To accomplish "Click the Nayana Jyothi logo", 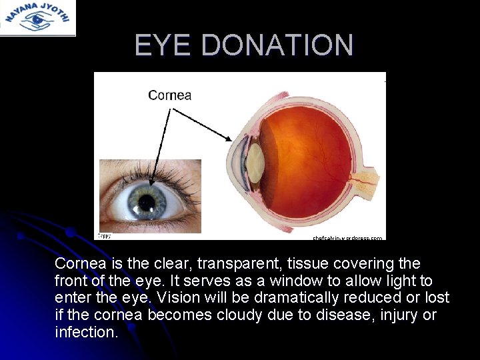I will point(37,17).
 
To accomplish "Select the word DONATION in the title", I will point(277,45).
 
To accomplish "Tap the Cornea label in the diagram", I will point(169,95).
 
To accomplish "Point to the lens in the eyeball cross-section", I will point(254,163).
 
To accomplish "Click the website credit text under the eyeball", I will point(348,237).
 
